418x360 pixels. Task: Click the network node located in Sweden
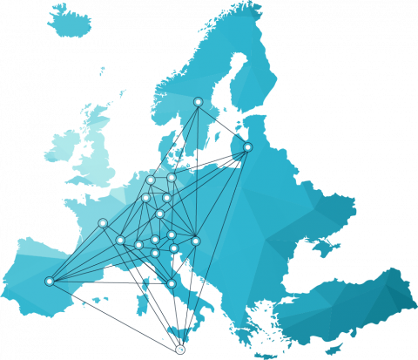(x=198, y=102)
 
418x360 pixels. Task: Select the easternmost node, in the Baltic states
(x=247, y=147)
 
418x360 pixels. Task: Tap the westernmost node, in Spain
(x=50, y=281)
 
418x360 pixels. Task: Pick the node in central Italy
(x=172, y=283)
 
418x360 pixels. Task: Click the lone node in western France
(x=103, y=223)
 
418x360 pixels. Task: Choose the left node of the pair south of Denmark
(x=151, y=180)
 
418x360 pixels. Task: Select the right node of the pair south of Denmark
(x=172, y=178)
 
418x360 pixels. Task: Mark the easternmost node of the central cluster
(x=196, y=241)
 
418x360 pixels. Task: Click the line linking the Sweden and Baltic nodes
(x=223, y=125)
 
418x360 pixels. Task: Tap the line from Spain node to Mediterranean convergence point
(x=113, y=315)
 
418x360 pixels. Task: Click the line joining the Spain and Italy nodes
(x=111, y=282)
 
